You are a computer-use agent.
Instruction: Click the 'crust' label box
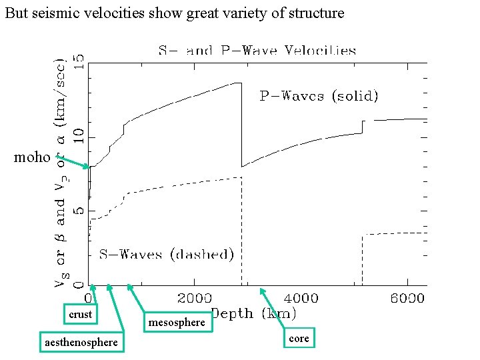(x=80, y=314)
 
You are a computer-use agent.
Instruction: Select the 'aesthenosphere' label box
(x=81, y=342)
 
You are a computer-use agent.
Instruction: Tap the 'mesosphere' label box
(x=177, y=323)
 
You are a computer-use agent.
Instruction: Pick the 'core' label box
(x=299, y=339)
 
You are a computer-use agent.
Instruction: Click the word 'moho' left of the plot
(x=32, y=157)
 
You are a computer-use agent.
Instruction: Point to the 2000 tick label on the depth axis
(x=194, y=298)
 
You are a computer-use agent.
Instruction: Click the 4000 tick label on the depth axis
(x=301, y=298)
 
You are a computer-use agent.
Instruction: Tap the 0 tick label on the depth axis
(x=87, y=298)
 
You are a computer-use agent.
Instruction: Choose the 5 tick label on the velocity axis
(x=79, y=211)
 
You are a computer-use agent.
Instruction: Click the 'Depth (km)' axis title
(x=254, y=313)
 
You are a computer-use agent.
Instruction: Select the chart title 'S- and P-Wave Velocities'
(x=257, y=51)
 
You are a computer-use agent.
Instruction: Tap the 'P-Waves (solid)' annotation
(x=319, y=96)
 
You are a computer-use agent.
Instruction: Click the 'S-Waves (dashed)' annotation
(x=167, y=254)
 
